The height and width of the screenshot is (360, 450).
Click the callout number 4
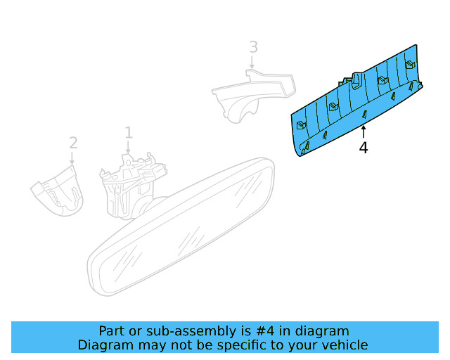[x=364, y=148]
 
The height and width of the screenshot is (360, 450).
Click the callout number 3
[x=253, y=47]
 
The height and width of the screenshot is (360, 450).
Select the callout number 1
[x=129, y=133]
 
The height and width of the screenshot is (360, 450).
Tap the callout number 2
[x=73, y=143]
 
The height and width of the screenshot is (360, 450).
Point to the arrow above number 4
[x=364, y=132]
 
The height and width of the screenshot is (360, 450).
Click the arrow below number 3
[x=252, y=63]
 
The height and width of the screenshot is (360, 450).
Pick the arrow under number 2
[x=72, y=158]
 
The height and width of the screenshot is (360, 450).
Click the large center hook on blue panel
[x=356, y=81]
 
